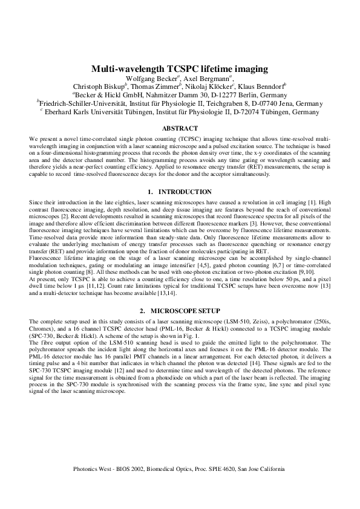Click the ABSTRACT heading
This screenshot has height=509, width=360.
[180, 128]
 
